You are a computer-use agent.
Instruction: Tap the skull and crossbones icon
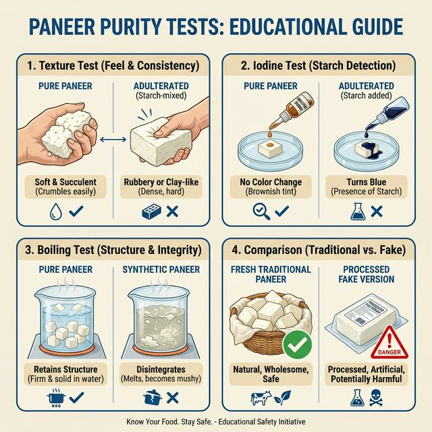pos(381,398)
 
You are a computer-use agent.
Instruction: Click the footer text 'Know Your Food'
pos(215,421)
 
